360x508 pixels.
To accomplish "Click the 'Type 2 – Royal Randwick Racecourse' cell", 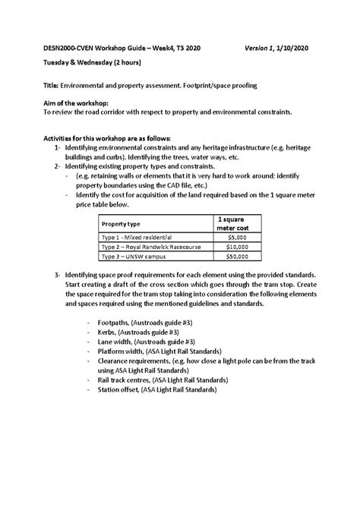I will (147, 248).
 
